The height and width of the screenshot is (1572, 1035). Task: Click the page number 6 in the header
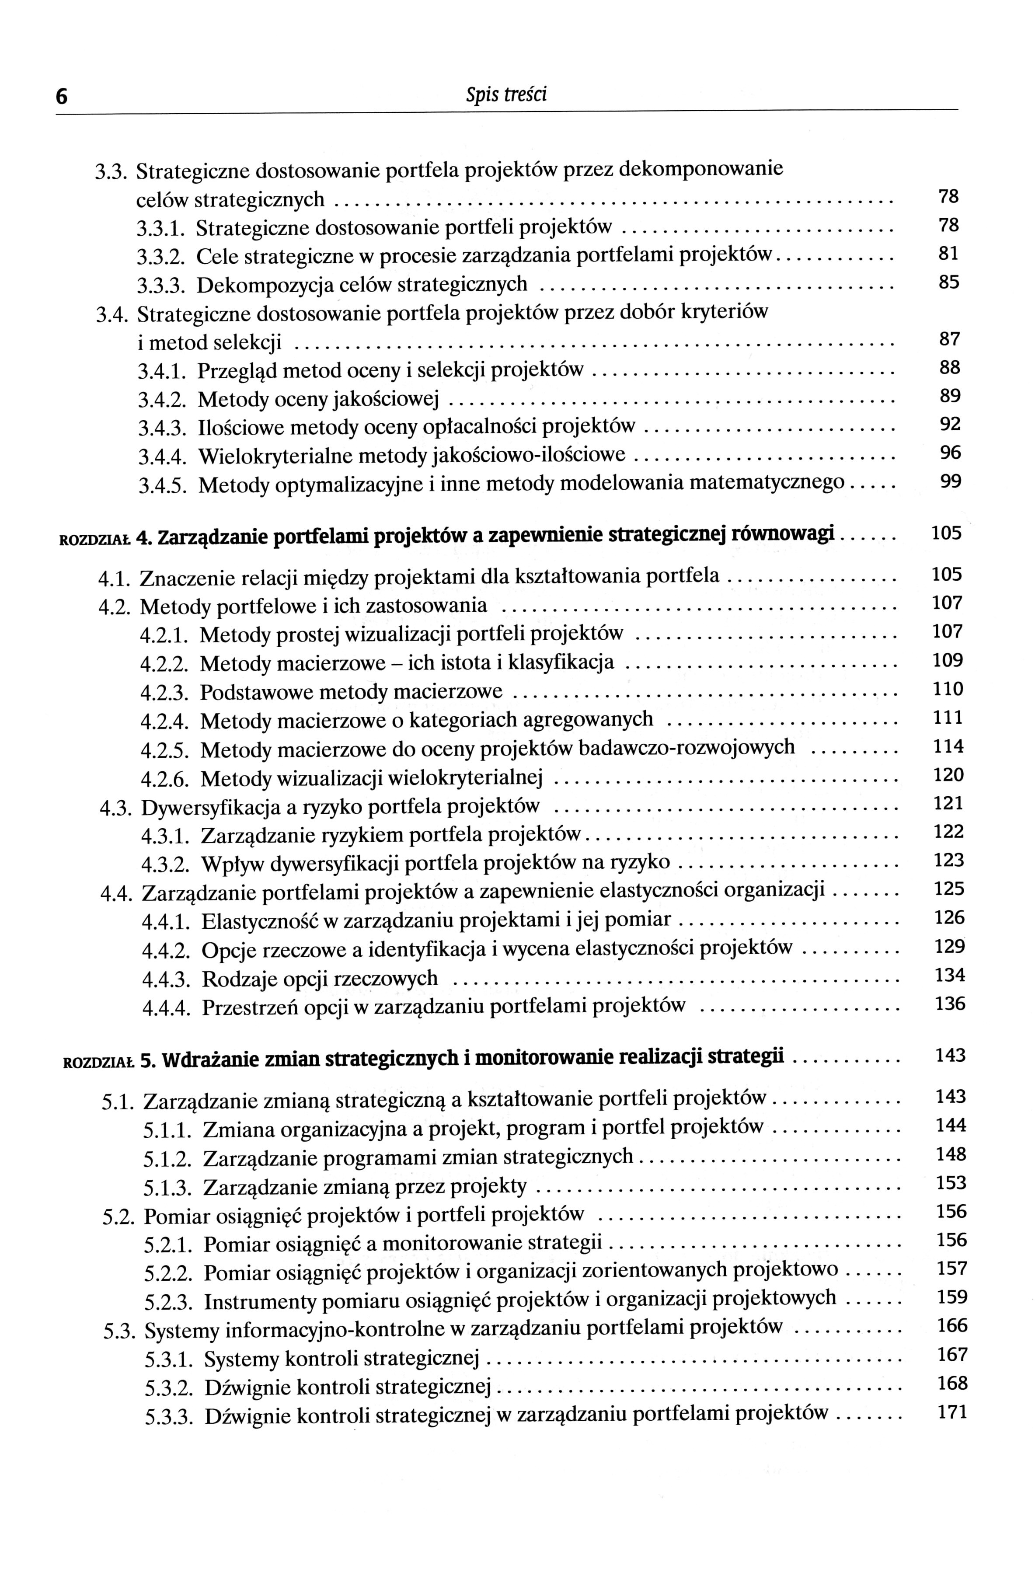tap(61, 97)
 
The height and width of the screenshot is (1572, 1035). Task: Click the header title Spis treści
tap(507, 96)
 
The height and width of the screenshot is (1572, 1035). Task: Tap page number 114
tap(948, 746)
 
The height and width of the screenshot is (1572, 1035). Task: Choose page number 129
tap(950, 947)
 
